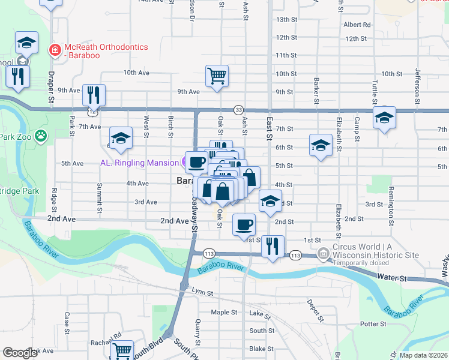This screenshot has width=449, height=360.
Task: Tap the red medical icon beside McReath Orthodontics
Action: click(55, 48)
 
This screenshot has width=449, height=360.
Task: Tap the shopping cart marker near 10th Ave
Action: click(217, 76)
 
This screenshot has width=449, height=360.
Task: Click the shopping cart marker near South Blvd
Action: click(122, 350)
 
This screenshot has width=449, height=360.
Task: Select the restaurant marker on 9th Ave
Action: click(94, 95)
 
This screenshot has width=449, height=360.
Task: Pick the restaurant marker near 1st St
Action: click(273, 246)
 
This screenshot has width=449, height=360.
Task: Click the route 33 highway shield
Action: click(239, 110)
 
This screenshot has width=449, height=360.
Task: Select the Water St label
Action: click(393, 278)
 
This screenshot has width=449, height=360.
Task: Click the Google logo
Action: click(20, 353)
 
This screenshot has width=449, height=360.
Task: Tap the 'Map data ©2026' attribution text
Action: click(423, 355)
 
